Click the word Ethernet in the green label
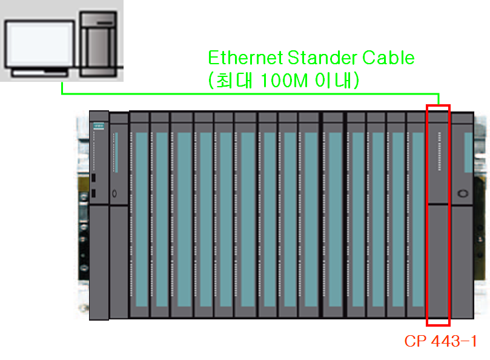(245, 58)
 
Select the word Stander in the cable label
(321, 58)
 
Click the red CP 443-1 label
(440, 341)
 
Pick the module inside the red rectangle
(438, 215)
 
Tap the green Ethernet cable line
(242, 94)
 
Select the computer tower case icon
(98, 43)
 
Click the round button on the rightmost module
(464, 194)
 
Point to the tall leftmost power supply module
(99, 215)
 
